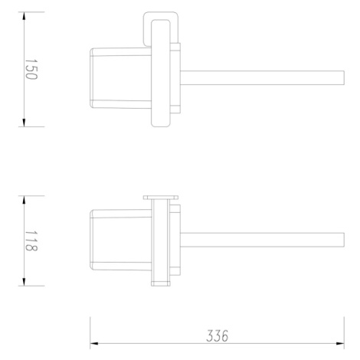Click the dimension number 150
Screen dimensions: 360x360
(x=31, y=70)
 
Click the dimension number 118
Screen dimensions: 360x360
(x=31, y=241)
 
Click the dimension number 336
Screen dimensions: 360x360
(x=217, y=336)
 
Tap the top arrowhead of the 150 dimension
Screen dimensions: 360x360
(x=24, y=16)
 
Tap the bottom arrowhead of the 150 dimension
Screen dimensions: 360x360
(x=24, y=123)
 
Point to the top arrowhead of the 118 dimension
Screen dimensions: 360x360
(x=24, y=200)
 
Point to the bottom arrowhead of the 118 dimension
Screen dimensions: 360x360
(x=24, y=282)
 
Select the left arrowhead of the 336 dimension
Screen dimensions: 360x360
(x=94, y=344)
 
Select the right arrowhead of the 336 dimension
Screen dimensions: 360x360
(x=340, y=344)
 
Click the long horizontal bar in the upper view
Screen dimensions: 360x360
(x=262, y=78)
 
